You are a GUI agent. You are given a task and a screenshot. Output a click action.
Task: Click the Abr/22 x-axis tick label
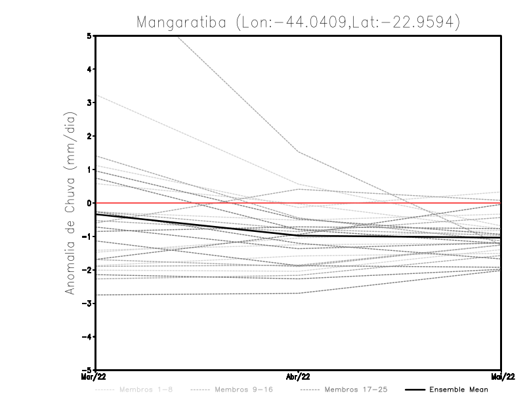click(299, 376)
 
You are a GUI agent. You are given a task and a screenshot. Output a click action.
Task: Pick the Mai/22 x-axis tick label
click(501, 376)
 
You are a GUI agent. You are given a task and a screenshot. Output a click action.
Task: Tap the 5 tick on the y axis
click(89, 35)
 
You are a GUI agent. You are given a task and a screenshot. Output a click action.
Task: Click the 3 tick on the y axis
click(89, 102)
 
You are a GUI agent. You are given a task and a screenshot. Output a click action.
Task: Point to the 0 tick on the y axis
click(89, 203)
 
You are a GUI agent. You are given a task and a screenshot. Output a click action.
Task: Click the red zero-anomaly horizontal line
click(394, 203)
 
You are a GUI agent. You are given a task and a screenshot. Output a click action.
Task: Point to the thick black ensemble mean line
click(197, 225)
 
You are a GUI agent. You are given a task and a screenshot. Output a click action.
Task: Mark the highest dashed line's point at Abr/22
click(299, 152)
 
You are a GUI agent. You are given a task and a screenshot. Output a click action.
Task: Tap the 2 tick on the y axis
click(89, 136)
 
